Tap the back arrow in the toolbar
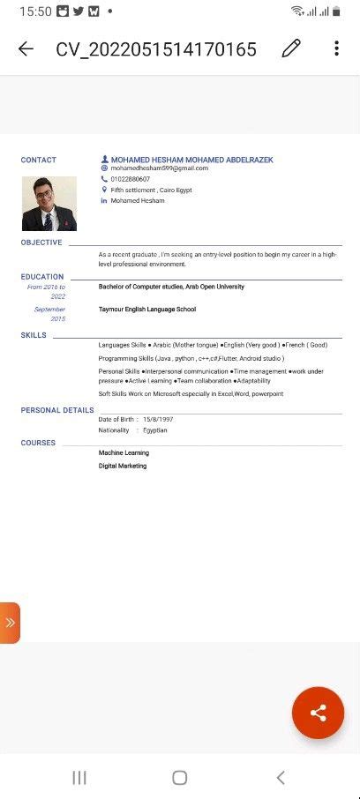pos(26,49)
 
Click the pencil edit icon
pos(291,49)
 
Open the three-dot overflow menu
pos(336,49)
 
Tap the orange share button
pos(318,713)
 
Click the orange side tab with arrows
pos(10,623)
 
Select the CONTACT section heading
pos(39,160)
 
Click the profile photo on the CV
pos(49,204)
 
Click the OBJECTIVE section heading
pos(41,243)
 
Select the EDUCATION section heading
pos(42,277)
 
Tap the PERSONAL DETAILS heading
pos(57,410)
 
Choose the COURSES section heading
pos(38,443)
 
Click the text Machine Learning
pos(124,452)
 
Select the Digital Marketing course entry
pos(123,466)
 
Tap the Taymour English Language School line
pos(147,310)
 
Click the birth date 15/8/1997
pos(158,419)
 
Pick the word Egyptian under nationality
pos(154,430)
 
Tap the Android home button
pos(180,777)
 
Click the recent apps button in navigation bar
pos(79,777)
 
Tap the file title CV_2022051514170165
pos(156,49)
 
